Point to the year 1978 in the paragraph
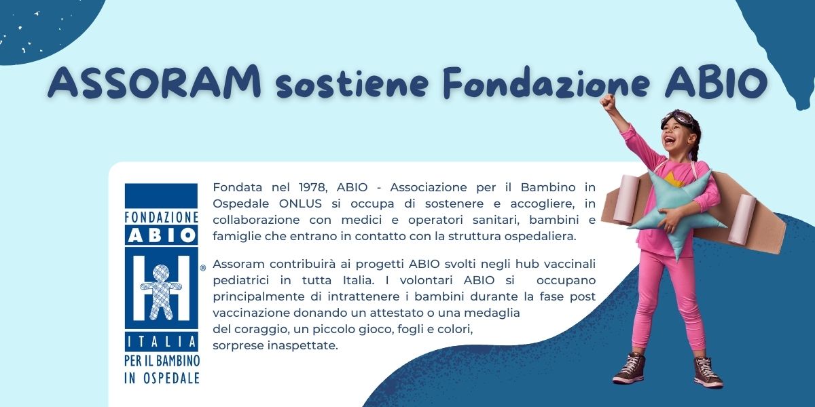[x=313, y=187]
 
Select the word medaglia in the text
[x=496, y=313]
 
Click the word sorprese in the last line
[x=237, y=345]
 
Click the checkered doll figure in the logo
[x=161, y=292]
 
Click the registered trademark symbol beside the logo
[x=202, y=269]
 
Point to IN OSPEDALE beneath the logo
[x=162, y=378]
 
